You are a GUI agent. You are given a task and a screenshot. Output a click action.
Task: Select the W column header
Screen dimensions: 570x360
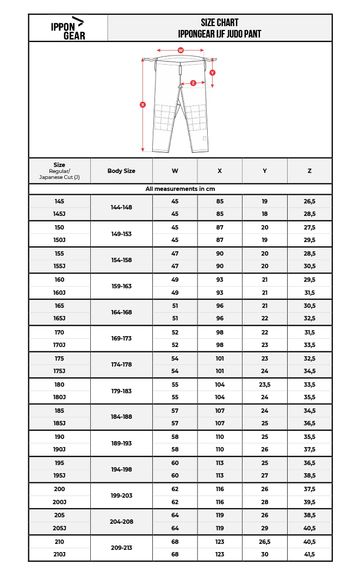[x=175, y=171]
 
